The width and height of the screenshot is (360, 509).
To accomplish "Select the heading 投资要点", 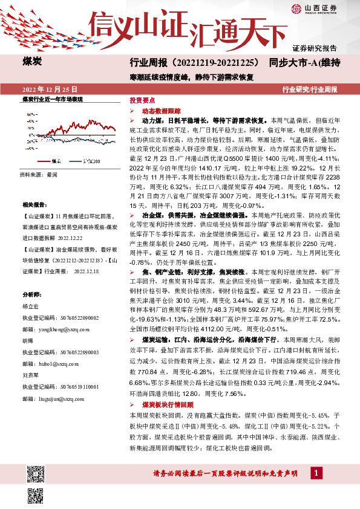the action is point(143,100).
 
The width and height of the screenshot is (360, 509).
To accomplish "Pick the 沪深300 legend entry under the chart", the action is point(90,161).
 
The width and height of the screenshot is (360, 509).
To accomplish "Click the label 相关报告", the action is point(34,205).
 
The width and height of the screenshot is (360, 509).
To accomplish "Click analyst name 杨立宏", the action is point(31,306).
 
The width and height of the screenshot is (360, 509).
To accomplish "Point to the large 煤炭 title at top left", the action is point(33,62).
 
